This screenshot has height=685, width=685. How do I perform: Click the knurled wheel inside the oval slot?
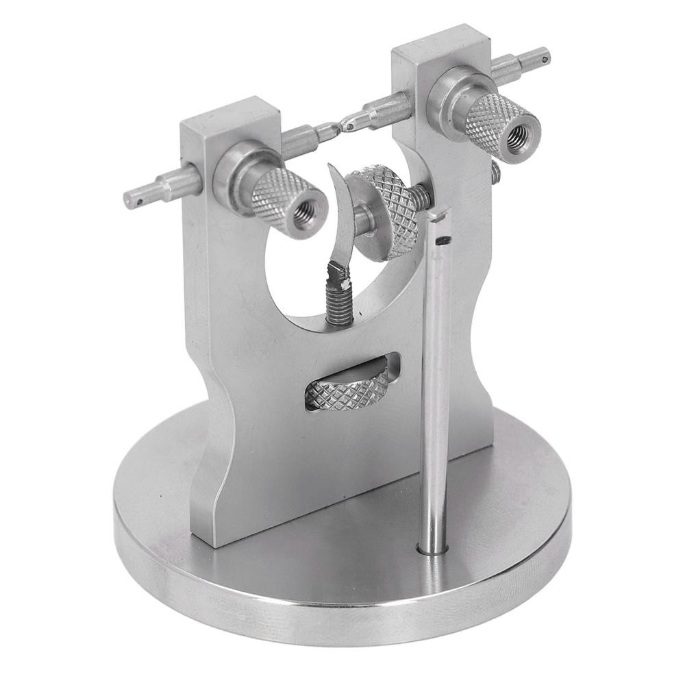coord(346,388)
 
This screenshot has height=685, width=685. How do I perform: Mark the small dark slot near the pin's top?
coord(444,240)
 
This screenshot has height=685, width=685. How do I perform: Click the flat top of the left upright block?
coord(229,114)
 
